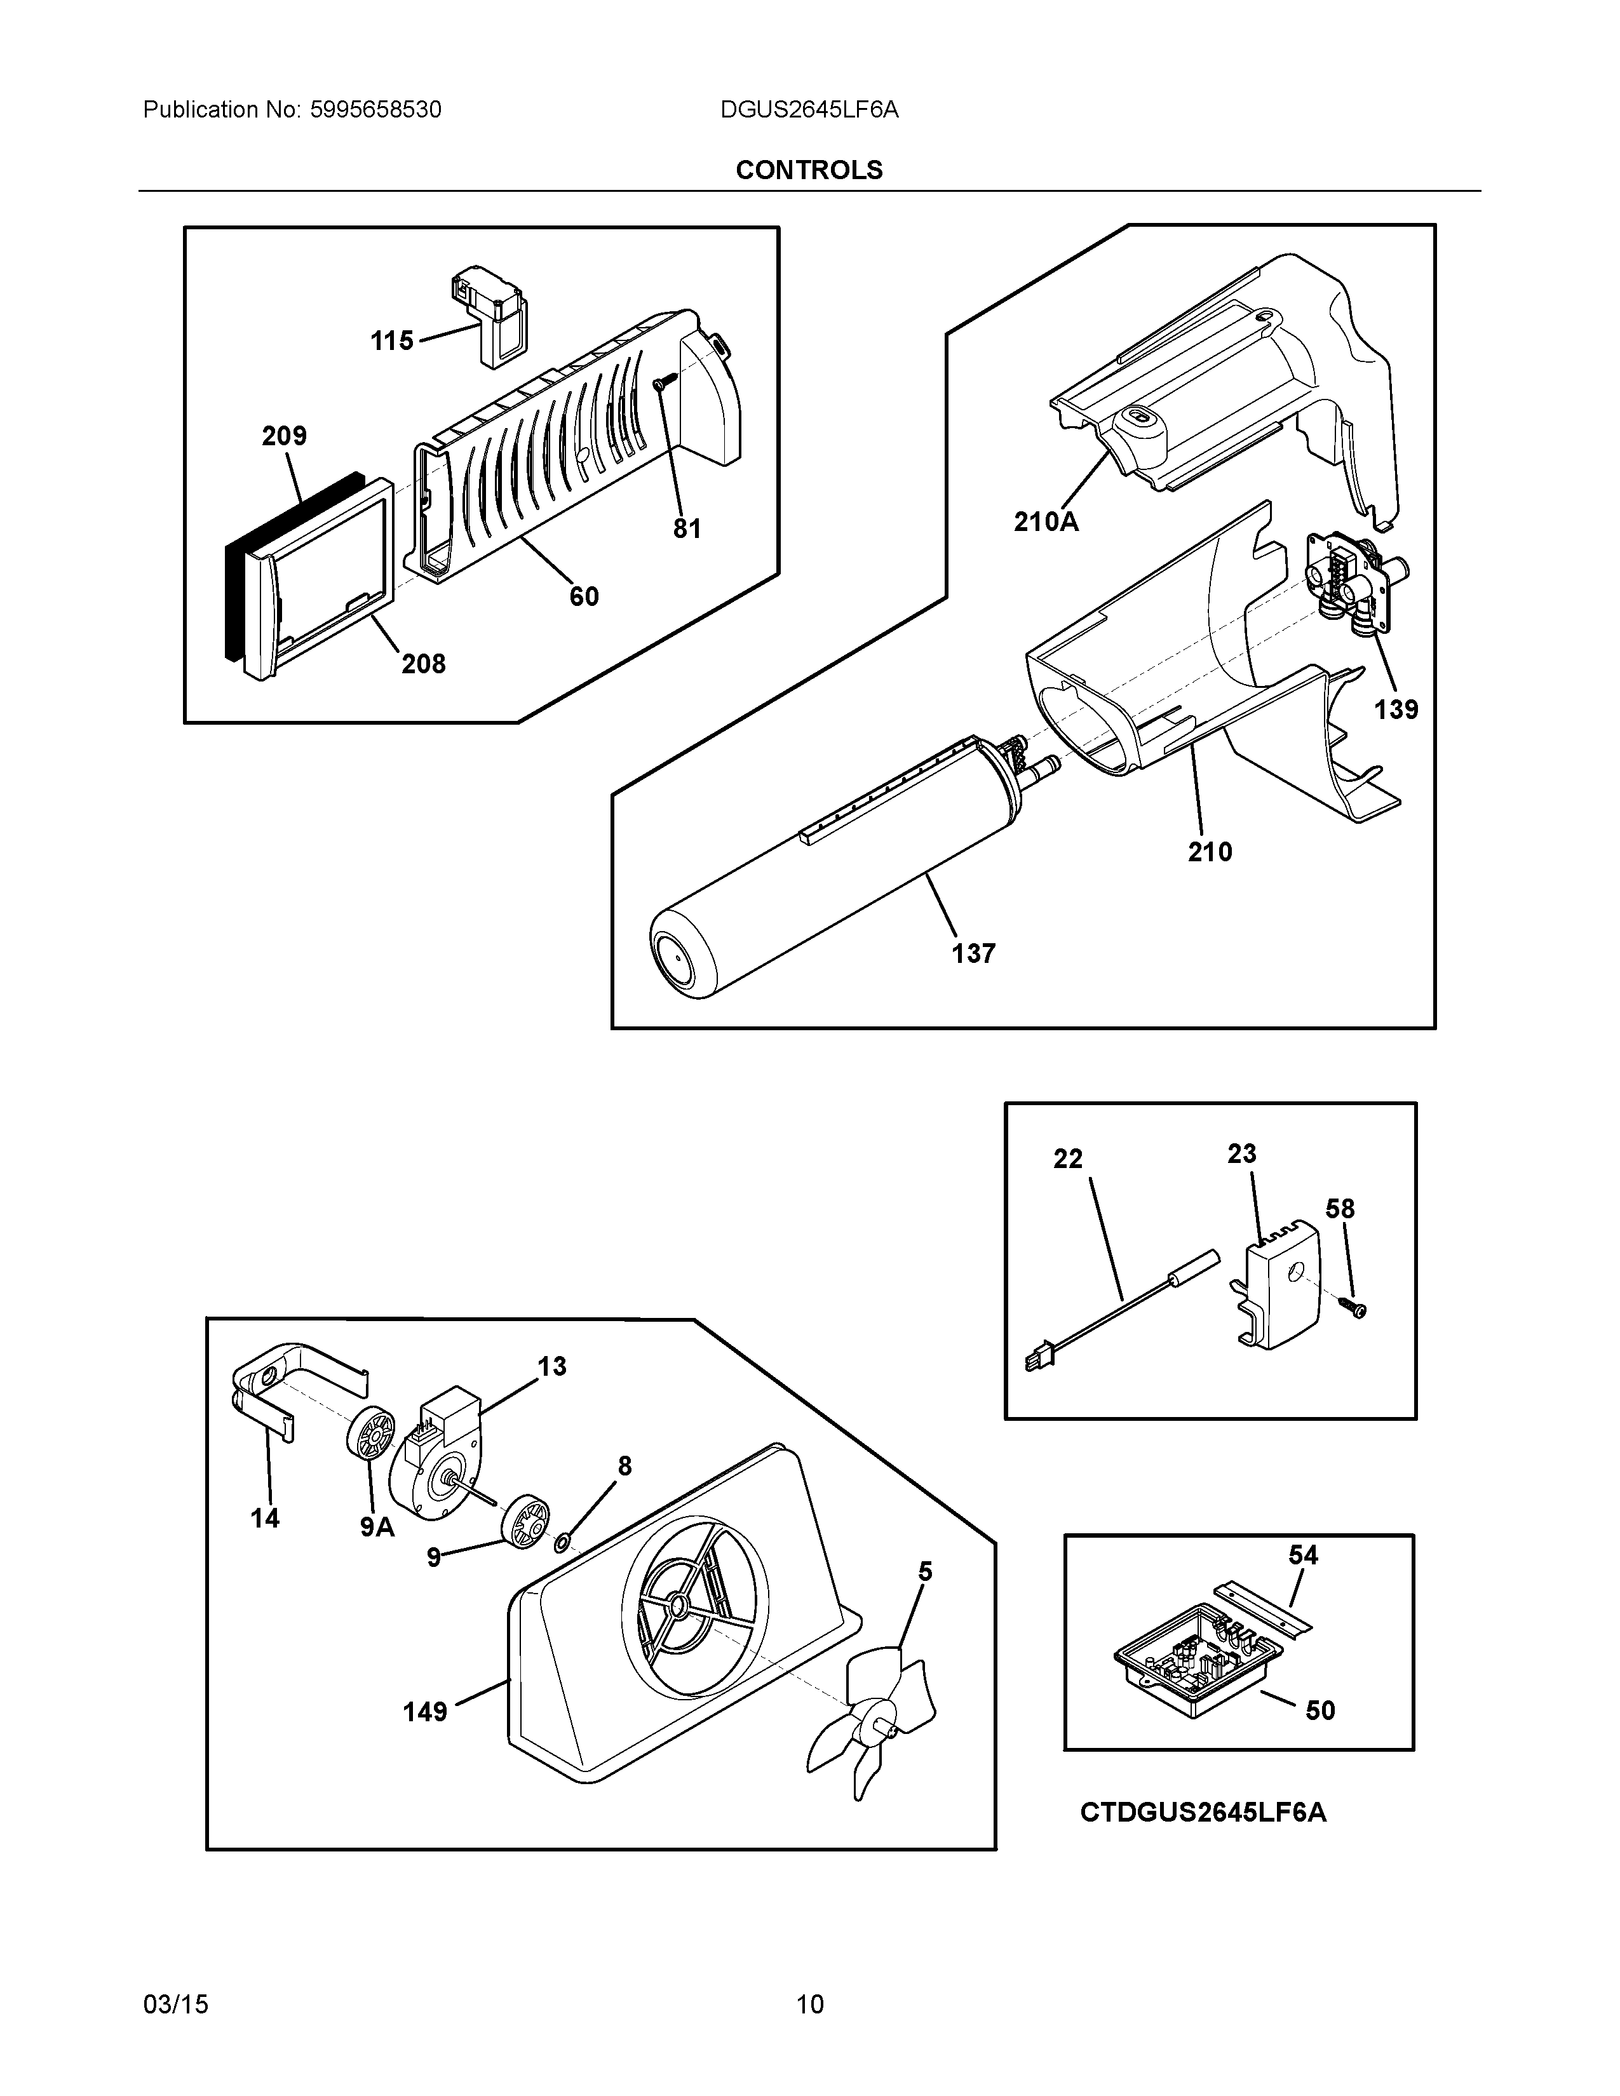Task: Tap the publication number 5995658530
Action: tap(375, 111)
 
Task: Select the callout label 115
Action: tap(391, 340)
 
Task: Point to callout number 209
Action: tap(284, 437)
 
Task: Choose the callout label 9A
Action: tap(377, 1527)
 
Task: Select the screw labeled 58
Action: tap(1357, 1308)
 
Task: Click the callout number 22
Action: tap(1067, 1159)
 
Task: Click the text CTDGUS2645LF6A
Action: tap(1203, 1813)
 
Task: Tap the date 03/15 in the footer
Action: tap(175, 2004)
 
